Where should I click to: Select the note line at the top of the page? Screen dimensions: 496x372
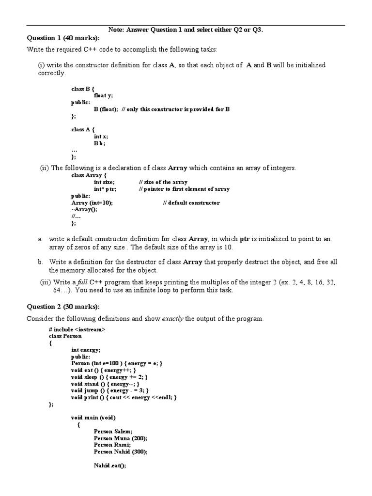[186, 30]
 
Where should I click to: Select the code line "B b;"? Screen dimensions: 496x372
[99, 143]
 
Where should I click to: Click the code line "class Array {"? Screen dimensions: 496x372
[89, 175]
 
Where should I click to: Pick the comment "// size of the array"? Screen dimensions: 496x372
[163, 182]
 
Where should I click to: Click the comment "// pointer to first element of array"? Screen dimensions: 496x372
[184, 189]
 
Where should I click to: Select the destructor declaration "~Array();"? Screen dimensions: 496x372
[84, 209]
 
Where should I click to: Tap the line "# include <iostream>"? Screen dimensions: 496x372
[77, 329]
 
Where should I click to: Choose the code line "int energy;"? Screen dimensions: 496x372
[86, 349]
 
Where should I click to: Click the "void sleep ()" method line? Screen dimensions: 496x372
[109, 377]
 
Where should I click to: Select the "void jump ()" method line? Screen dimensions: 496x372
[109, 390]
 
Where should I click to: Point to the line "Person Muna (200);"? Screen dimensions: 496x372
[121, 438]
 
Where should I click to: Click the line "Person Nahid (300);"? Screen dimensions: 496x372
[121, 451]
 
